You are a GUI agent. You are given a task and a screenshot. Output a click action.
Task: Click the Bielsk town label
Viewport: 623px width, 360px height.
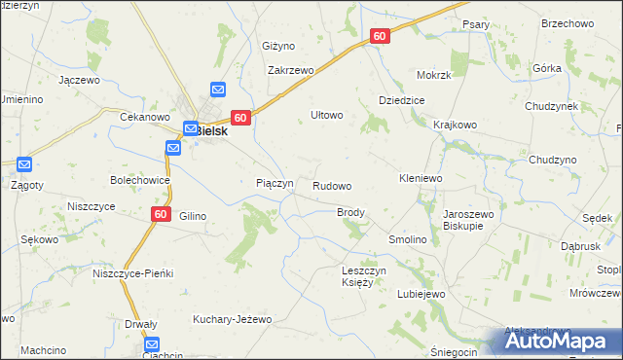coord(211,128)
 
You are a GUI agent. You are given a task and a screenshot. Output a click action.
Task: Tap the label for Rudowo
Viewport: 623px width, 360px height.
coord(332,185)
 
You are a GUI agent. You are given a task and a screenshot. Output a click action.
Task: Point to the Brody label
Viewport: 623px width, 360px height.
coord(350,212)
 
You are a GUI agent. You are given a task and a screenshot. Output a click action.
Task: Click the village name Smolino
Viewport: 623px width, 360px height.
coord(409,239)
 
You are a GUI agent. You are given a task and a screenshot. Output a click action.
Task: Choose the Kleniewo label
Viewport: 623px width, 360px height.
coord(421,179)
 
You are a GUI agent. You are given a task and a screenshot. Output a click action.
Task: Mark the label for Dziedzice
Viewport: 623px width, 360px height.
coord(403,101)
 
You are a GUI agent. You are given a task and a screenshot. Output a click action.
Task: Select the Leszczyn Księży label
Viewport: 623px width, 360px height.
coord(365,276)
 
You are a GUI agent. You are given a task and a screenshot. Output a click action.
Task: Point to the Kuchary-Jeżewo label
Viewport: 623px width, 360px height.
coord(232,319)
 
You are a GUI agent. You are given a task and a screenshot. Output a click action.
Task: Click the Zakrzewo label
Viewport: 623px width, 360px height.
coord(291,71)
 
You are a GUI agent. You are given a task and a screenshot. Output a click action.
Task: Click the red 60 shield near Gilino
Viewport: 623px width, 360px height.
coord(162,214)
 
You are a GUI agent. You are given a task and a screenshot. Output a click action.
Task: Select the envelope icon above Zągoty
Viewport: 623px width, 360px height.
coord(24,165)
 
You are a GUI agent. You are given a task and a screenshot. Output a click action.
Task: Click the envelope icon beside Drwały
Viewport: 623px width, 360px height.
coord(153,343)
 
